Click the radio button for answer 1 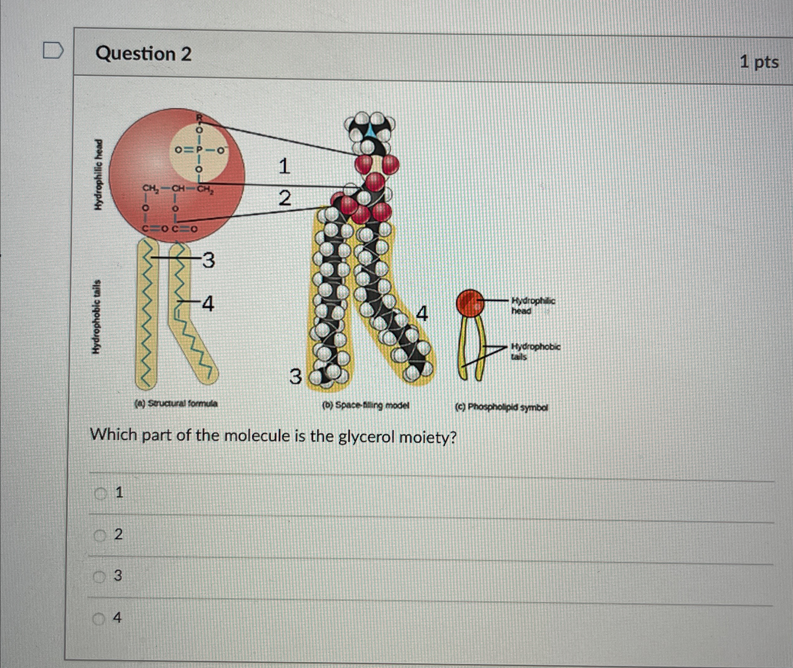(101, 493)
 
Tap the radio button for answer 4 (99, 618)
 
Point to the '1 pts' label (759, 62)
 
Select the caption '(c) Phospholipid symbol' (501, 407)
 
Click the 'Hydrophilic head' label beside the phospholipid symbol (532, 306)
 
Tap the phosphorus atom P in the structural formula (197, 150)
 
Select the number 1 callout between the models (284, 167)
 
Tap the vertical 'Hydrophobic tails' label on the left (97, 317)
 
